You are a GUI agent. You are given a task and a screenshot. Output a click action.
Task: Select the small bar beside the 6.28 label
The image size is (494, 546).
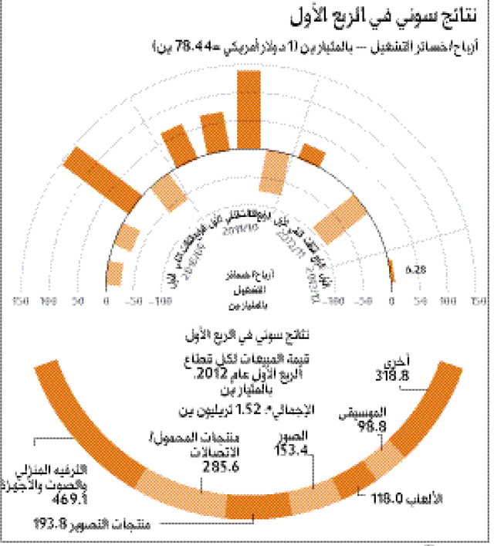(x=391, y=271)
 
